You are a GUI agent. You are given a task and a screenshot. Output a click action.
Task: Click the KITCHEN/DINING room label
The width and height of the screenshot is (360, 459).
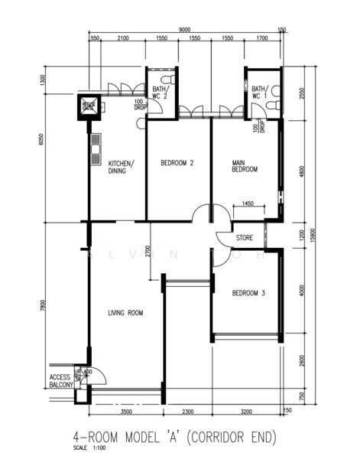[x=122, y=167]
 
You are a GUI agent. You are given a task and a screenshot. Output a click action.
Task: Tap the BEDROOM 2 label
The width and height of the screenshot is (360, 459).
[x=177, y=163]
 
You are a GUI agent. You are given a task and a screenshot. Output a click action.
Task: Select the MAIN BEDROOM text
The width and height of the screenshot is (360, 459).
[x=245, y=166]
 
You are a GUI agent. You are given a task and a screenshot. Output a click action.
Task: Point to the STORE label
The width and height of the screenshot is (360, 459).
[x=244, y=237]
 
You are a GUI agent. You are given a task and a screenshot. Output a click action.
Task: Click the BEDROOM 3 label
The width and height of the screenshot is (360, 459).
[x=248, y=293]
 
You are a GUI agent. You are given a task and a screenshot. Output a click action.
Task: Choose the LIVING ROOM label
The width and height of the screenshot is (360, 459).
[x=125, y=313]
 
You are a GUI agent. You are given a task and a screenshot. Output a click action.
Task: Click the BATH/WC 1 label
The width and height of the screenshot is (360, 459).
[x=260, y=93]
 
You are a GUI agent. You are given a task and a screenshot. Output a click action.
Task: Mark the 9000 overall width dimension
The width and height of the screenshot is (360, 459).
[x=185, y=29]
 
